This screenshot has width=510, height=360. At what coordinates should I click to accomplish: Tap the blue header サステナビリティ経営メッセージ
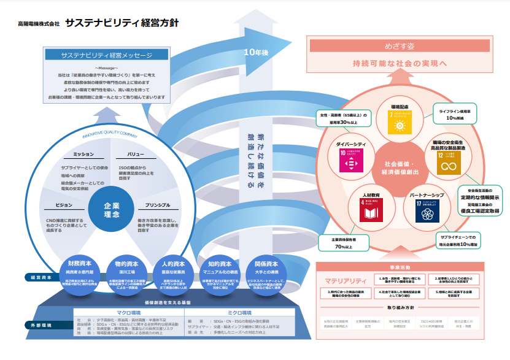[106, 55]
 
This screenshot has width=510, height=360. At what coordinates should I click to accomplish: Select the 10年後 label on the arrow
[256, 53]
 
